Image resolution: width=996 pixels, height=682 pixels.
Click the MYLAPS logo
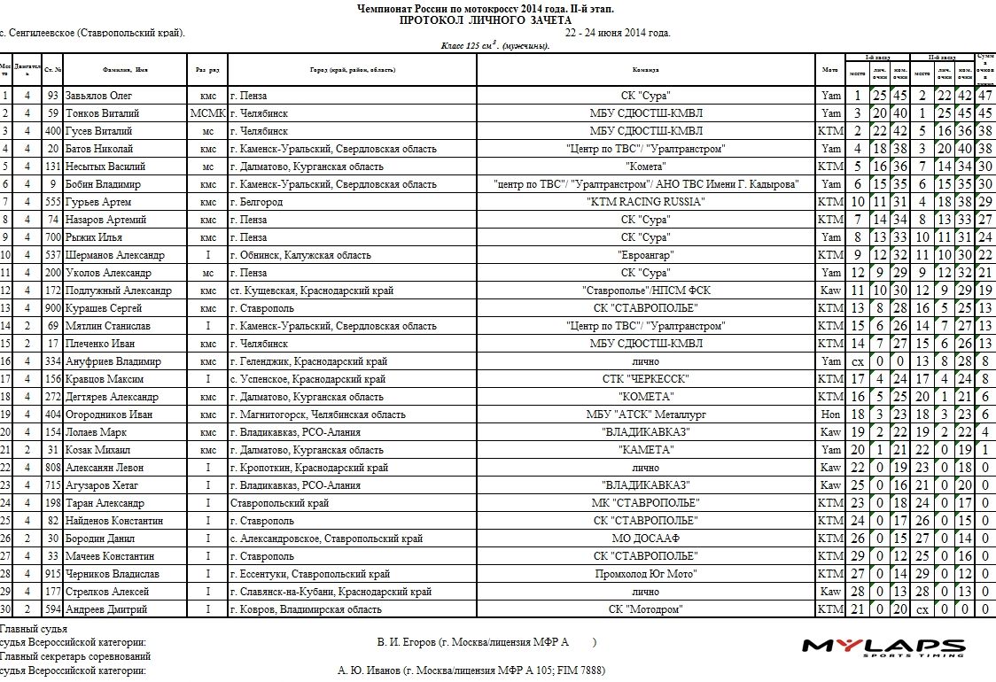(883, 647)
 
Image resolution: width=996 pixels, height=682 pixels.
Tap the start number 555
(52, 202)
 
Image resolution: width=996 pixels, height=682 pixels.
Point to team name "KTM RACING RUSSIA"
(645, 202)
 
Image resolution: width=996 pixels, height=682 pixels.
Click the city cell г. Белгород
(261, 202)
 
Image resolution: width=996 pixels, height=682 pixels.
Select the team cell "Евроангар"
(645, 255)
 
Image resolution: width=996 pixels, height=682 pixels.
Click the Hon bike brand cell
(830, 415)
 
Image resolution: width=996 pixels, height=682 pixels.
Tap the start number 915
(52, 574)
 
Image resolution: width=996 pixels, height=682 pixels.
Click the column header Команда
(645, 69)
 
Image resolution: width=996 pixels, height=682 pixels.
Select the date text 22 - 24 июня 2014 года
(618, 33)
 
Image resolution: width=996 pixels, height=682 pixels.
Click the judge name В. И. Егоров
(407, 642)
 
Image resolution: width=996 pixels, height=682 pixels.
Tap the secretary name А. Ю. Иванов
(370, 670)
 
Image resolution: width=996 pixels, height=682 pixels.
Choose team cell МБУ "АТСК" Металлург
(645, 415)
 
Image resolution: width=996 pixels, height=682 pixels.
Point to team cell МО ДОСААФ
(645, 539)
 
